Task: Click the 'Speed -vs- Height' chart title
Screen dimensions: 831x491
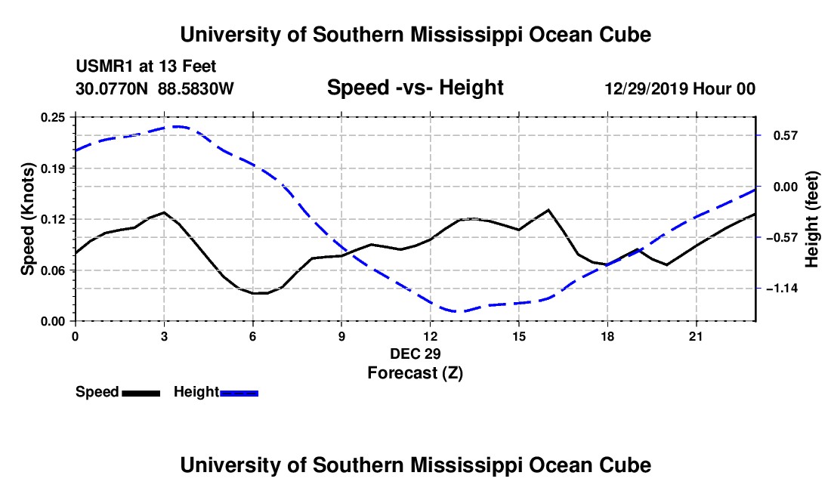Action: pyautogui.click(x=415, y=88)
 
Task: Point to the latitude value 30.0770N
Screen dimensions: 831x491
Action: pyautogui.click(x=112, y=88)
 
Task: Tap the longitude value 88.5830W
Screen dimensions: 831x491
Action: pyautogui.click(x=196, y=88)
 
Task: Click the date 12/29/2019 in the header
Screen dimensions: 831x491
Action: pyautogui.click(x=646, y=88)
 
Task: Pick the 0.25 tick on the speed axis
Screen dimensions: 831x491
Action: pyautogui.click(x=52, y=117)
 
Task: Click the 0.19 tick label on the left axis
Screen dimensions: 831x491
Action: pyautogui.click(x=52, y=168)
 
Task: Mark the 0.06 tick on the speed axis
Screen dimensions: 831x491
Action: pyautogui.click(x=52, y=270)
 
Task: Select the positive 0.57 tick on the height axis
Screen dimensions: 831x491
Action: pyautogui.click(x=786, y=136)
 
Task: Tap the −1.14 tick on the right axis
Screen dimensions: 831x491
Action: pyautogui.click(x=782, y=289)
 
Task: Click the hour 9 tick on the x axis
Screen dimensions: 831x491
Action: pyautogui.click(x=341, y=336)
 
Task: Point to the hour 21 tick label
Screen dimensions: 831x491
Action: pyautogui.click(x=696, y=336)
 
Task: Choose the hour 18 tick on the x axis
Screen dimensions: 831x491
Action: pyautogui.click(x=607, y=336)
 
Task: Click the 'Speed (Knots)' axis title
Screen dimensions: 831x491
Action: pyautogui.click(x=27, y=219)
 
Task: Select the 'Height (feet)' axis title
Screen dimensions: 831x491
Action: pyautogui.click(x=811, y=219)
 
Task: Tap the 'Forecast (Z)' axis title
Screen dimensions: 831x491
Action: pyautogui.click(x=415, y=373)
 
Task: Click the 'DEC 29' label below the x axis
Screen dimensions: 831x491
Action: pyautogui.click(x=415, y=354)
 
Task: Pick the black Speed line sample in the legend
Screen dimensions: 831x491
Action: pyautogui.click(x=141, y=393)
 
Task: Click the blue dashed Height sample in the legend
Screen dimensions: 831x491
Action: pyautogui.click(x=239, y=393)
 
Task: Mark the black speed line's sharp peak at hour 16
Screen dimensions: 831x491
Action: pyautogui.click(x=548, y=210)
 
